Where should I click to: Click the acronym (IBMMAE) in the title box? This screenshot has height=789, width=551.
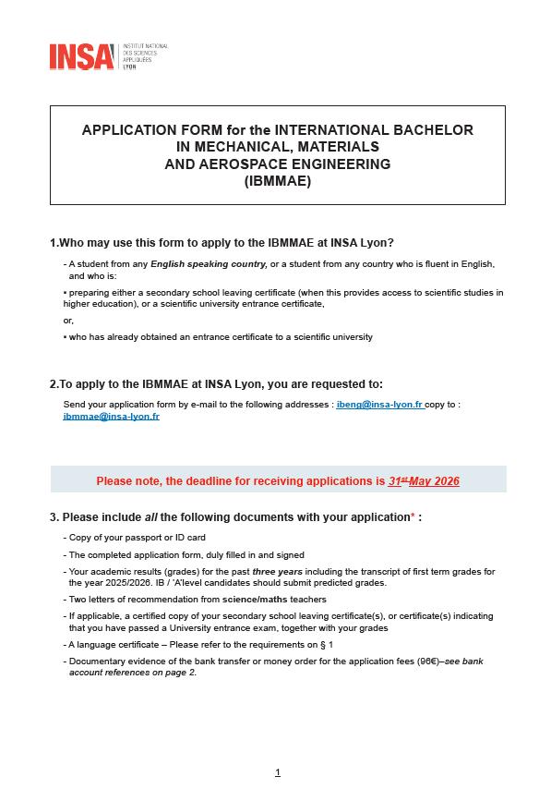(278, 181)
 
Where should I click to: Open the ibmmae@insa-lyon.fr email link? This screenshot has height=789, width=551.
(112, 417)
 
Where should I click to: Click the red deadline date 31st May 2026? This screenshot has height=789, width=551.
(424, 481)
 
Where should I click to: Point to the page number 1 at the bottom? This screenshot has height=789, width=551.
(277, 772)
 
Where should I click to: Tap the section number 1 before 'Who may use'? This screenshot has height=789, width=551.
(53, 243)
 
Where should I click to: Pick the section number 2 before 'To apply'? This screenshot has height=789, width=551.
(53, 383)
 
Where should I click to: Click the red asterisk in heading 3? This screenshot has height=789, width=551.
(413, 516)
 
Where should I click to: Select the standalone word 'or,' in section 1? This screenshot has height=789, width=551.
(68, 321)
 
